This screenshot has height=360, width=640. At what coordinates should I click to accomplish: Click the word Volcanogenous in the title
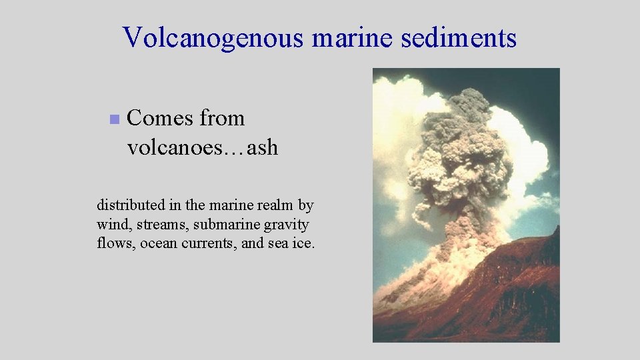[x=215, y=38]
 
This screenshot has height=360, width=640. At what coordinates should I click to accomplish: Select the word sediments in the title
[x=459, y=38]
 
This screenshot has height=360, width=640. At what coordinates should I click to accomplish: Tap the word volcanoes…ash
[x=202, y=147]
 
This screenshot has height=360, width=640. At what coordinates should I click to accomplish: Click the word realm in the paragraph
[x=274, y=205]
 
